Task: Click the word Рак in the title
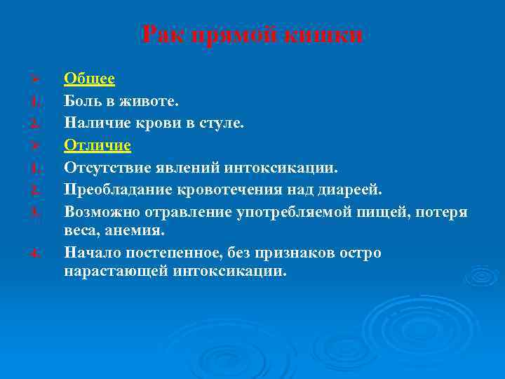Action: pyautogui.click(x=163, y=34)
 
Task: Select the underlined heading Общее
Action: pyautogui.click(x=89, y=79)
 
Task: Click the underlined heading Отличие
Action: pyautogui.click(x=97, y=145)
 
